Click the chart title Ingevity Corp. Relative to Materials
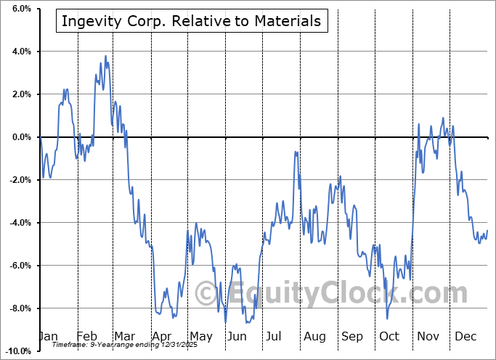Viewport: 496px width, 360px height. pos(191,21)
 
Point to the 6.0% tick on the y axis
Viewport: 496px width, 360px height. pos(20,9)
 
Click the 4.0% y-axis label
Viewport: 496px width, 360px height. pos(20,52)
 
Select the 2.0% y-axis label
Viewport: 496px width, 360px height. pos(20,94)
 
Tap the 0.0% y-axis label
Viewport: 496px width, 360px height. pos(20,137)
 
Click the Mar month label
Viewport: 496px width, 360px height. pos(123,337)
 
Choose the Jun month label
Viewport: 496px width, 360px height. pos(237,337)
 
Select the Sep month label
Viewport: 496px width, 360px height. pos(352,337)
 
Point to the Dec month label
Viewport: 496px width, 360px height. pos(465,337)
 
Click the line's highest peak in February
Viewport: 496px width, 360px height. pos(105,56)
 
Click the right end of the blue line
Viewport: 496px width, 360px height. pos(487,231)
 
